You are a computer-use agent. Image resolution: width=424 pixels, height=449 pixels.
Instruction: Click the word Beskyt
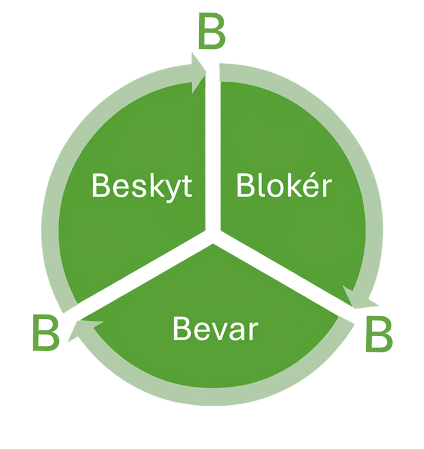pos(141,186)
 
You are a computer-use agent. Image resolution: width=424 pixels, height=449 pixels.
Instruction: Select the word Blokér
pos(283,186)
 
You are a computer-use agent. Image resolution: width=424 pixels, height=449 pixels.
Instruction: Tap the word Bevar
pos(215,328)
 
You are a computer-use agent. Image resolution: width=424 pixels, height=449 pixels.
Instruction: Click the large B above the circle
pos(211,33)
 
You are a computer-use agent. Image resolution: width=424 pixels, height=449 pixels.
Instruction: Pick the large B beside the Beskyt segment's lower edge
pos(46,335)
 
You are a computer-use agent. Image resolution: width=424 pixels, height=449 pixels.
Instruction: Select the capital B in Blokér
pos(245,186)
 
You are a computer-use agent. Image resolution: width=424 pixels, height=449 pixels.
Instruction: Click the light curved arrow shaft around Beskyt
pos(69,157)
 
